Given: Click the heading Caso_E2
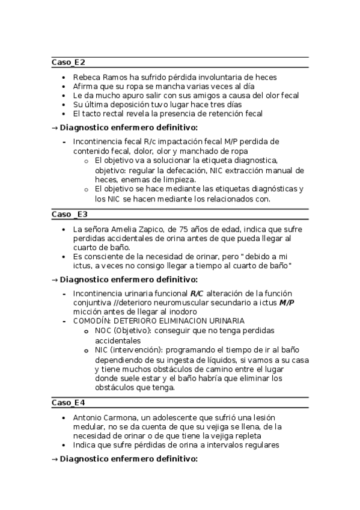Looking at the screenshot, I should click(69, 62).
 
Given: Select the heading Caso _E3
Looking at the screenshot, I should click(70, 214).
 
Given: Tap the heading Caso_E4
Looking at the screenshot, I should click(69, 402).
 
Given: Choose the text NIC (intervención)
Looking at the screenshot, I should click(128, 349).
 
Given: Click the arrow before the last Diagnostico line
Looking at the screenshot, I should click(55, 459).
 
